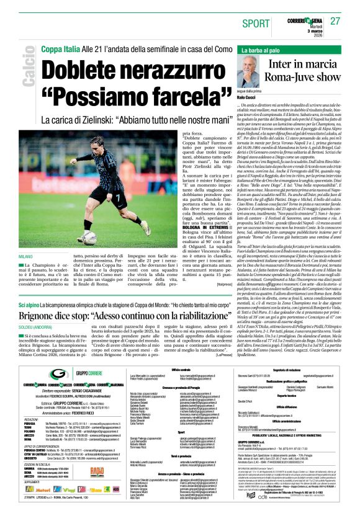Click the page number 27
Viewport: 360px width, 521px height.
[x=336, y=20]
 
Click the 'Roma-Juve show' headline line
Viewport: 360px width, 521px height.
[x=295, y=78]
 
